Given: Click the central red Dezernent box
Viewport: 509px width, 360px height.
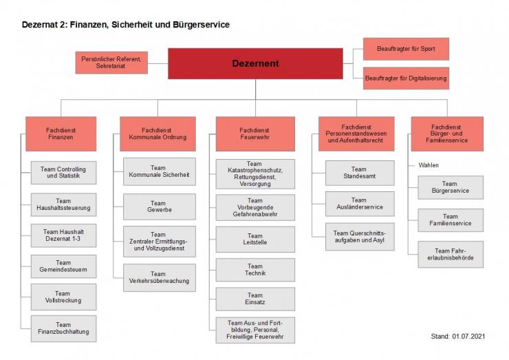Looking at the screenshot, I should point(255,63).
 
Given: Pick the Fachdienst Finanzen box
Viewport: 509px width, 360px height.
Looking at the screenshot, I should point(61,134).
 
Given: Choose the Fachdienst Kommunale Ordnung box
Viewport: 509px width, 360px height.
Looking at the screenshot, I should point(158,134).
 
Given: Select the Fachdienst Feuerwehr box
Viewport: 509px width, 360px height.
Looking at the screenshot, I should point(255,134).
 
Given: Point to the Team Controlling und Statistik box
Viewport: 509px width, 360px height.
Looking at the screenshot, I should point(63,173).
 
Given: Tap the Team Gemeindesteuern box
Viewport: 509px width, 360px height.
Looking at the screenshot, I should point(63,266).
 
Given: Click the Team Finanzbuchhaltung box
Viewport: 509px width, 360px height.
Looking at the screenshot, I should point(63,329).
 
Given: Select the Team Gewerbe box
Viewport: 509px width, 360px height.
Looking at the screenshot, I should point(158,207).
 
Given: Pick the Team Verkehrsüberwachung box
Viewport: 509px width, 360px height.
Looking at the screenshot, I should point(158,276).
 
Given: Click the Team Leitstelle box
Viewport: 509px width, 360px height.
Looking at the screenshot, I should point(255,239).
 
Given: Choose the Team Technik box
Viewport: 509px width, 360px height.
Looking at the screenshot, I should point(255,270).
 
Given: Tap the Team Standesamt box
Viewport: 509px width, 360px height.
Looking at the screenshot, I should point(359,173).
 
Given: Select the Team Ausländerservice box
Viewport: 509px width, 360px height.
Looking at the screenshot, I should point(359,203).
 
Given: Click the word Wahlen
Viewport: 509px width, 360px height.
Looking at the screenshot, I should point(429,165).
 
